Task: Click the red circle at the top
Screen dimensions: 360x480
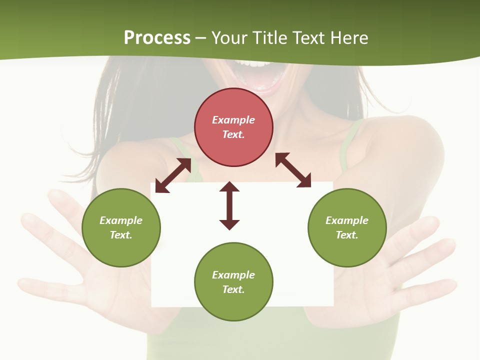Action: pyautogui.click(x=233, y=127)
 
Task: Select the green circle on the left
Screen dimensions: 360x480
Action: pyautogui.click(x=121, y=228)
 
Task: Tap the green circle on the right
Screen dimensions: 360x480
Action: pyautogui.click(x=347, y=228)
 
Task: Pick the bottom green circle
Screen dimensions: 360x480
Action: pyautogui.click(x=233, y=282)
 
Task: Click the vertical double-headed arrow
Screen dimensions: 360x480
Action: pyautogui.click(x=229, y=205)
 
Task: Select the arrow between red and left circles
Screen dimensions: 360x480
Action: pyautogui.click(x=173, y=175)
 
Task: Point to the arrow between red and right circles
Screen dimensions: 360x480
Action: pyautogui.click(x=293, y=170)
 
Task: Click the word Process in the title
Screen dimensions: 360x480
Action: pyautogui.click(x=157, y=37)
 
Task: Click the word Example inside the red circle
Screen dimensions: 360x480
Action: pyautogui.click(x=233, y=120)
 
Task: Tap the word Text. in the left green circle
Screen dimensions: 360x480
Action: pyautogui.click(x=121, y=235)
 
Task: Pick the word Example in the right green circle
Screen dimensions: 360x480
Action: pyautogui.click(x=347, y=220)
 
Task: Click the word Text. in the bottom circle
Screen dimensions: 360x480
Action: pyautogui.click(x=233, y=289)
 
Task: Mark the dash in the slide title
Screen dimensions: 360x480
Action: pyautogui.click(x=200, y=38)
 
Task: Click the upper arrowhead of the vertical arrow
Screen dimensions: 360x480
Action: pyautogui.click(x=229, y=187)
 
